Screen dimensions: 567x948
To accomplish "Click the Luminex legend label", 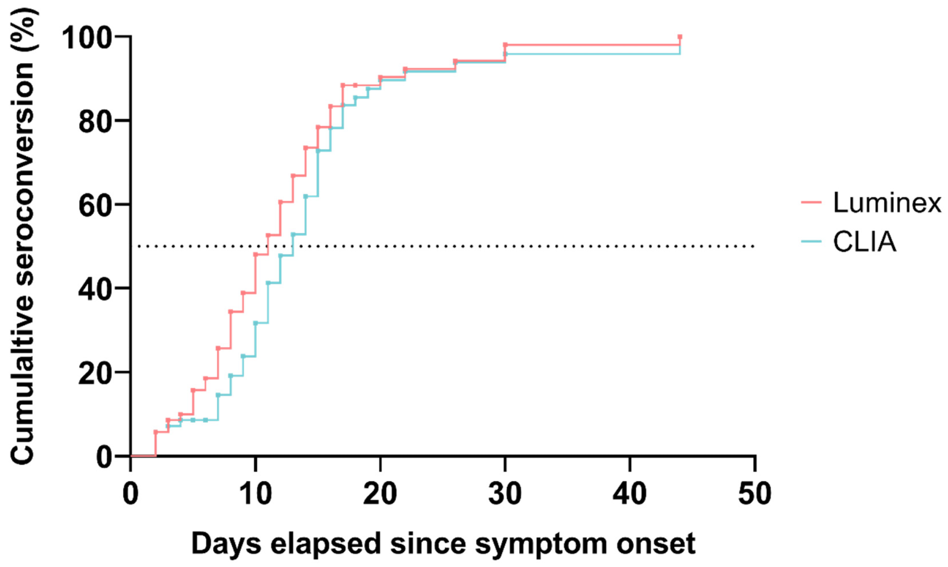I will pyautogui.click(x=886, y=203).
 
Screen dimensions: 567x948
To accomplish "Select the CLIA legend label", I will pyautogui.click(x=865, y=242).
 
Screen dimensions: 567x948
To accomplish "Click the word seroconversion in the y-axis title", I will pyautogui.click(x=23, y=175).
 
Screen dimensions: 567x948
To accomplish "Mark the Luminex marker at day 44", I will pyautogui.click(x=680, y=37).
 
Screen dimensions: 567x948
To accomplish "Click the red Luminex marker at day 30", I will pyautogui.click(x=505, y=45).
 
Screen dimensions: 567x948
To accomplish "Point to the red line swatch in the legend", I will pyautogui.click(x=811, y=202).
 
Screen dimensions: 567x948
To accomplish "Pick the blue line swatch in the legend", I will pyautogui.click(x=811, y=241).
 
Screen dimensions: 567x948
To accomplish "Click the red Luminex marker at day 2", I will pyautogui.click(x=155, y=432).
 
